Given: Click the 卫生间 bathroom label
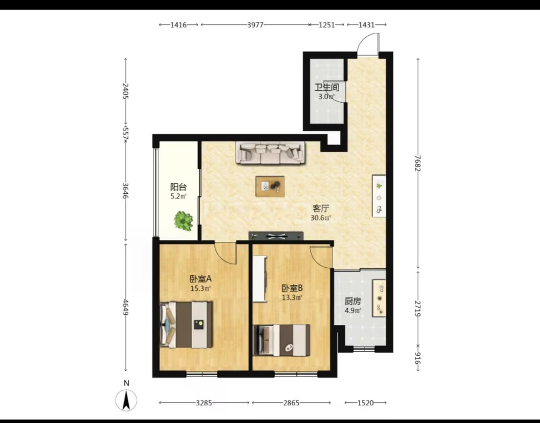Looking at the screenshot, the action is pos(327,87).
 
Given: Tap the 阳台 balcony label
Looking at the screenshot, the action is pos(178,187).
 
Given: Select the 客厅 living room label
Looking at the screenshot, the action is pos(321,208).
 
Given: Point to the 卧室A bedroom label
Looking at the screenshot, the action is pos(200,279).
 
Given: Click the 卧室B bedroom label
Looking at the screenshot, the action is pos(292,288).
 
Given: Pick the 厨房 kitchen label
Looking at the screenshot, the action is pos(352,301).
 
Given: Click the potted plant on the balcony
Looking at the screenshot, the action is pos(183,221).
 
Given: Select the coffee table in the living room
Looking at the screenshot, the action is pos(270,187).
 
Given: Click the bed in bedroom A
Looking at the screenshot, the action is pos(186,325).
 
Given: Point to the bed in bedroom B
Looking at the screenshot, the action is pos(281,340).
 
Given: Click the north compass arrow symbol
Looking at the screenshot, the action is pos(126,400).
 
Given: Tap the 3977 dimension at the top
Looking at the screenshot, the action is pos(255,25).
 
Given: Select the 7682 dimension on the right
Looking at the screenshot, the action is pos(418,163).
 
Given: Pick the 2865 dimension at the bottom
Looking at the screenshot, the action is pos(291,403).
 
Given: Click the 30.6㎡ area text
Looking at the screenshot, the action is pos(321,218).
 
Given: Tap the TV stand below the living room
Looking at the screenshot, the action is pos(276,236).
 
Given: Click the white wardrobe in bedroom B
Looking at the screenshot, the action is pos(260,279).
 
